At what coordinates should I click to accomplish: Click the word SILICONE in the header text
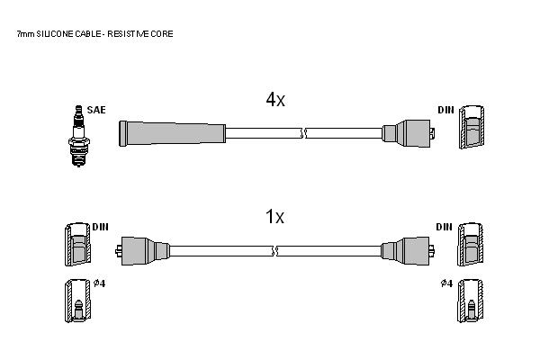click(55, 34)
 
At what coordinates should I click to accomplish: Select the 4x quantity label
click(275, 100)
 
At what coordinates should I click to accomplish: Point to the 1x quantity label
click(274, 217)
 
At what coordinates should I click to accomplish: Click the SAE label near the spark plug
click(96, 110)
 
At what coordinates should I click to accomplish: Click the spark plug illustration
click(79, 136)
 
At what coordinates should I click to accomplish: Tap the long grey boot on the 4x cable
click(172, 133)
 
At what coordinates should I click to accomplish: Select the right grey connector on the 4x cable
click(409, 133)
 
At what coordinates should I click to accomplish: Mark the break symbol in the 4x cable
click(303, 133)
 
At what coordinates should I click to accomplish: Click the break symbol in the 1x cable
click(274, 251)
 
